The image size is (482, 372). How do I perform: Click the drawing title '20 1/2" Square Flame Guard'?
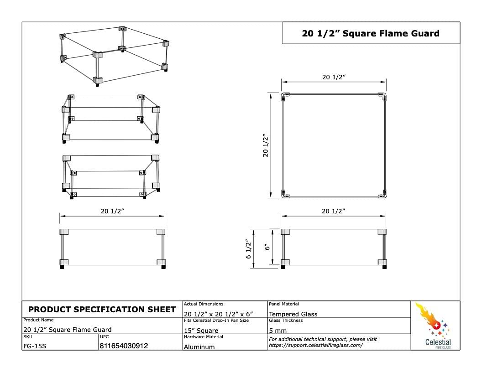click(371, 33)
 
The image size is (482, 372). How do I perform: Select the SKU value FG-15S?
click(35, 346)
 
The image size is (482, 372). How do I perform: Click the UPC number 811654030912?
click(124, 346)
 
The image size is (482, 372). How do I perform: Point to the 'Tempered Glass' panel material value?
click(293, 314)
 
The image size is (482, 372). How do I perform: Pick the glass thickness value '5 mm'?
click(278, 331)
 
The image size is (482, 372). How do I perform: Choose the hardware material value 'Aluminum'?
click(199, 347)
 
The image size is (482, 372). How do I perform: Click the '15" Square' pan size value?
click(201, 331)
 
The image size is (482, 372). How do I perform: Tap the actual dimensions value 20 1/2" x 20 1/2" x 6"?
click(218, 314)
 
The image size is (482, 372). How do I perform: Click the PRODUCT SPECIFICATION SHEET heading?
click(102, 310)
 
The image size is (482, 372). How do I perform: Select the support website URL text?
click(316, 345)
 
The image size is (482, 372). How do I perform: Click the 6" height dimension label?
click(267, 247)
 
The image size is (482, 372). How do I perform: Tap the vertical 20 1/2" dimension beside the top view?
click(266, 145)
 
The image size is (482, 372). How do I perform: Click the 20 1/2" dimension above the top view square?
click(334, 77)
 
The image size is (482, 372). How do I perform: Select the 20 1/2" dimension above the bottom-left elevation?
click(112, 211)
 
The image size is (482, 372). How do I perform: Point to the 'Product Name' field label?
click(38, 320)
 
